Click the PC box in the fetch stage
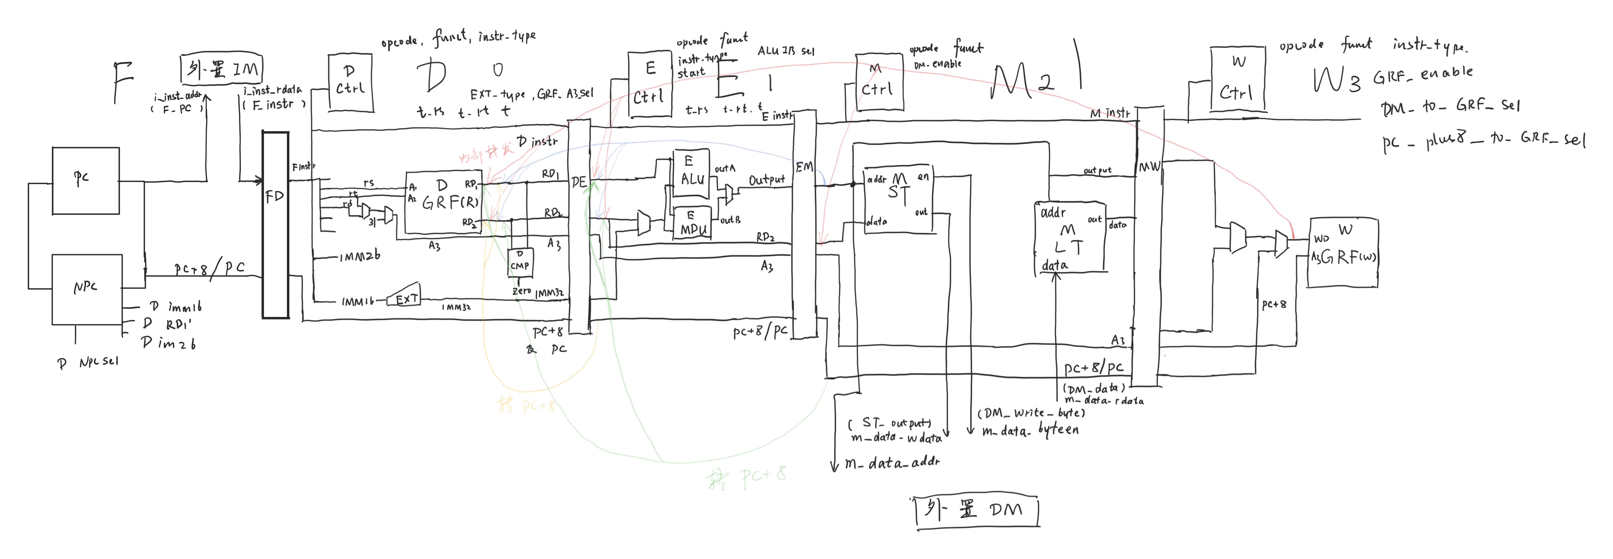[86, 181]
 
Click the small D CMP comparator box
[520, 263]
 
